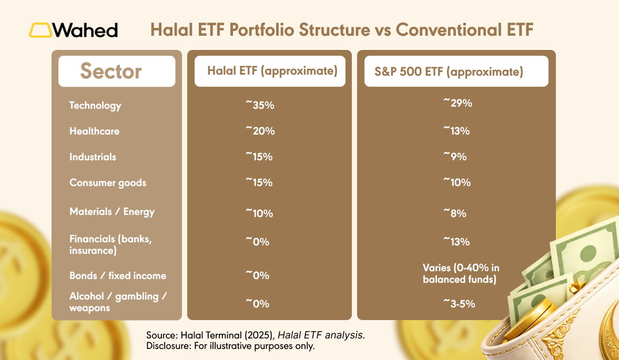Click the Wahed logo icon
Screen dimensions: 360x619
pos(40,30)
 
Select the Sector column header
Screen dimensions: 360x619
pos(111,71)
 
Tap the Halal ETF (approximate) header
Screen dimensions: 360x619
pos(272,71)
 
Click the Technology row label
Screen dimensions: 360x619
pos(95,106)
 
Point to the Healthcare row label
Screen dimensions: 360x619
pos(94,131)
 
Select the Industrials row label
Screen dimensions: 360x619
pos(93,157)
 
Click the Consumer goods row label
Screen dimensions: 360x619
pos(108,183)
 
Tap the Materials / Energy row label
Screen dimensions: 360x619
pos(112,212)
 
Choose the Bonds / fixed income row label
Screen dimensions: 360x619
pos(118,276)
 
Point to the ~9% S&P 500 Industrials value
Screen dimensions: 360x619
pos(455,157)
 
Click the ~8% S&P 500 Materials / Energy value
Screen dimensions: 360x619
pos(455,213)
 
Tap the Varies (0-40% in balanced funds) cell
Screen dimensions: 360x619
pos(461,274)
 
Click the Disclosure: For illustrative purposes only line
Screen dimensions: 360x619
pos(230,346)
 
